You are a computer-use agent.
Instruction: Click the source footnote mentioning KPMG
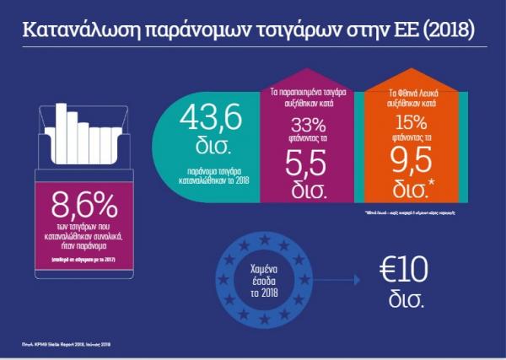(67, 344)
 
